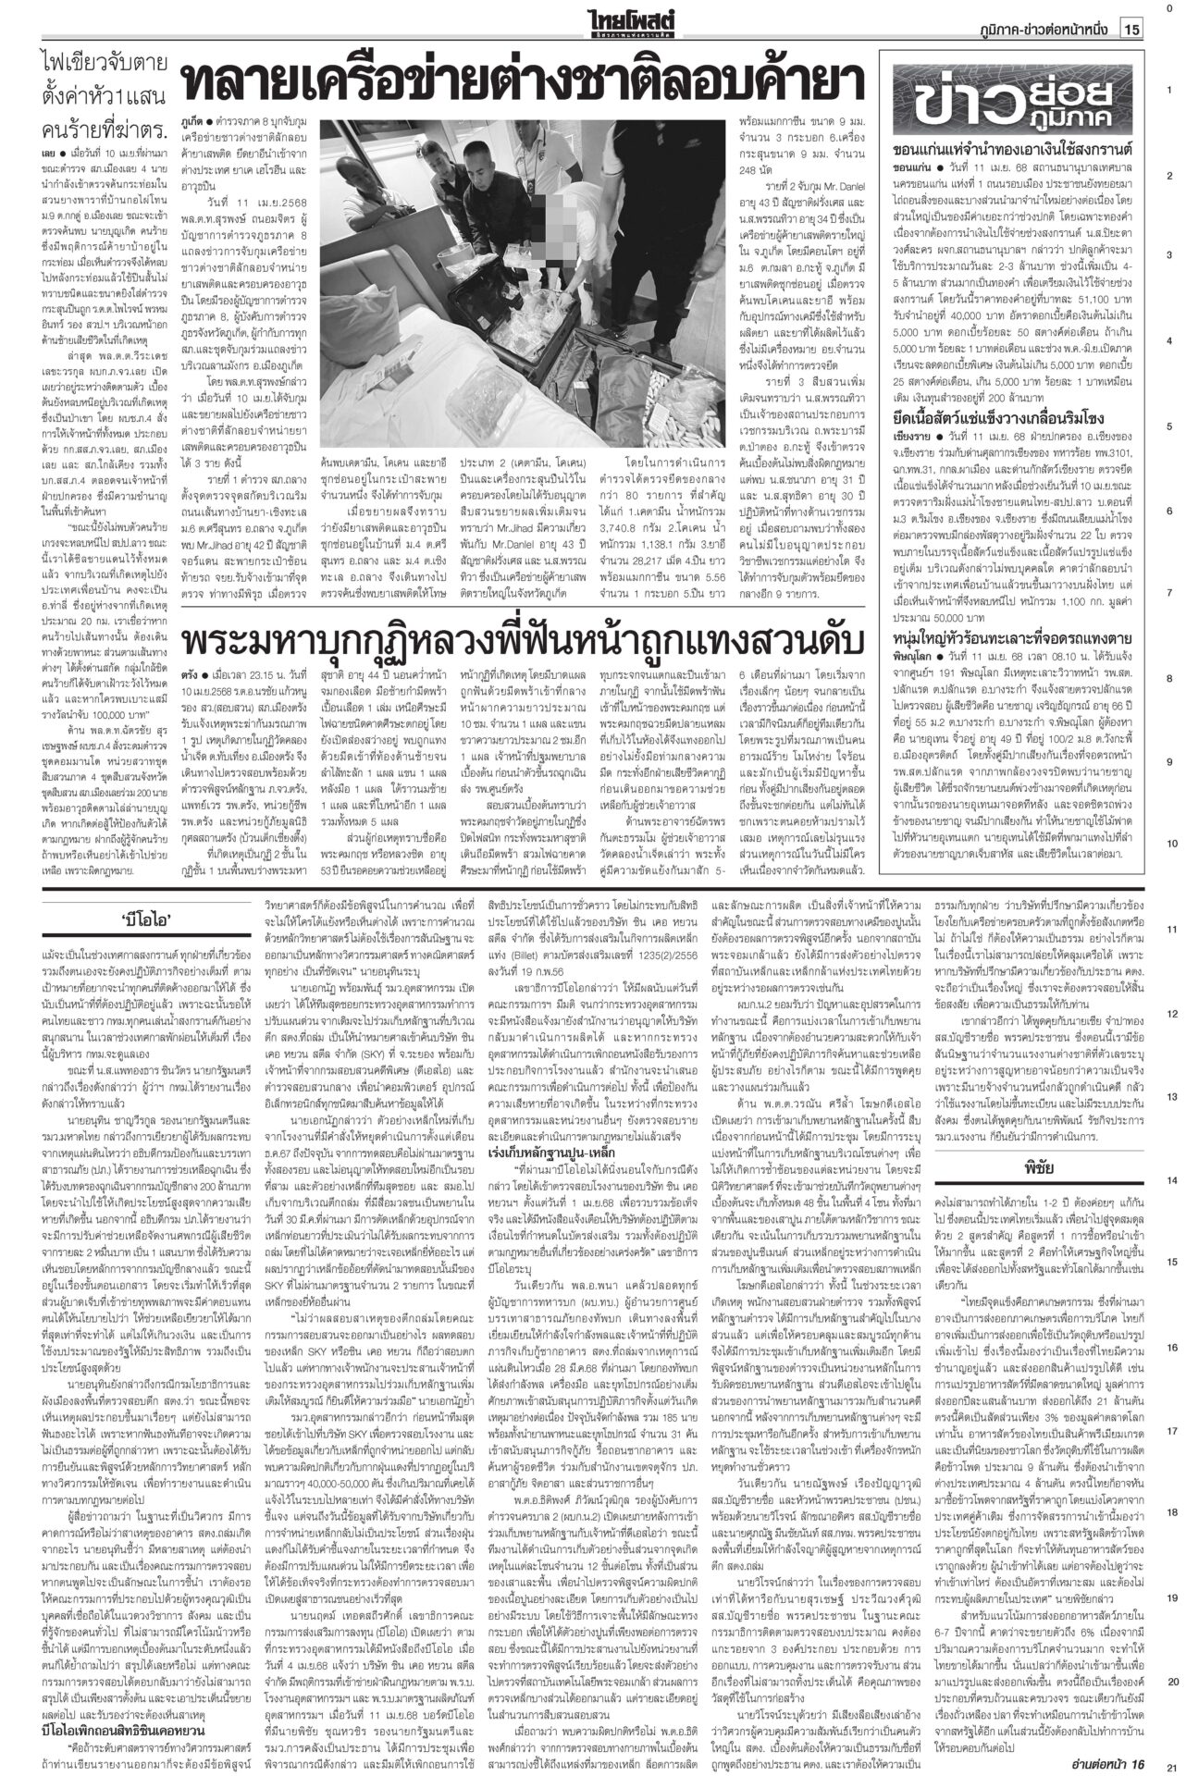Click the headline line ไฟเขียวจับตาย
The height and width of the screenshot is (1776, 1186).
pyautogui.click(x=105, y=64)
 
